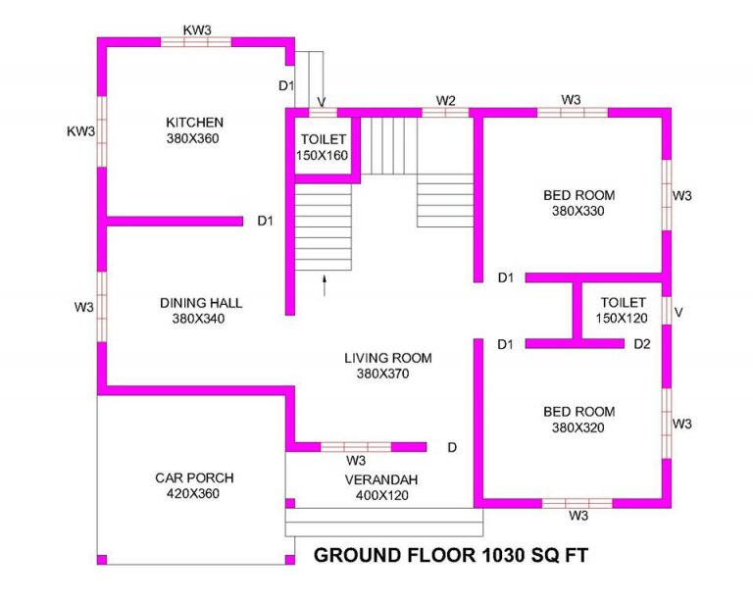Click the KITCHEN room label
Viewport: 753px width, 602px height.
194,123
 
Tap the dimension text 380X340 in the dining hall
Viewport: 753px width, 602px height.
198,319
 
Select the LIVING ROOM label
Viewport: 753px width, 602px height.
388,358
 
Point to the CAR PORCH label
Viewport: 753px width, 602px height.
194,478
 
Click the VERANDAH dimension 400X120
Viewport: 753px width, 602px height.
382,495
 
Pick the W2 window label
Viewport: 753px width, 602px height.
446,101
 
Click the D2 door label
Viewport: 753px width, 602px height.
642,344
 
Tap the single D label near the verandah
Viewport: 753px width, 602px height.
452,448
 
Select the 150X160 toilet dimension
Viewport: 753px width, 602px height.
322,156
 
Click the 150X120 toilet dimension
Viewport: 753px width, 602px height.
622,319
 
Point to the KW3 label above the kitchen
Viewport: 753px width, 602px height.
197,29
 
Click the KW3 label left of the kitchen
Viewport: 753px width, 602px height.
80,131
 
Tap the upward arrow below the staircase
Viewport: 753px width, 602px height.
325,286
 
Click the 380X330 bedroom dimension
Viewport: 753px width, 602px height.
578,211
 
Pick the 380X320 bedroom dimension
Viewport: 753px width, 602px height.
578,427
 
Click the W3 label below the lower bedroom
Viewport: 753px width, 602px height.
578,516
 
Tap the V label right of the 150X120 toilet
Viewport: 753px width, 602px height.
678,313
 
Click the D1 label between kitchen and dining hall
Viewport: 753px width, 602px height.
265,221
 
